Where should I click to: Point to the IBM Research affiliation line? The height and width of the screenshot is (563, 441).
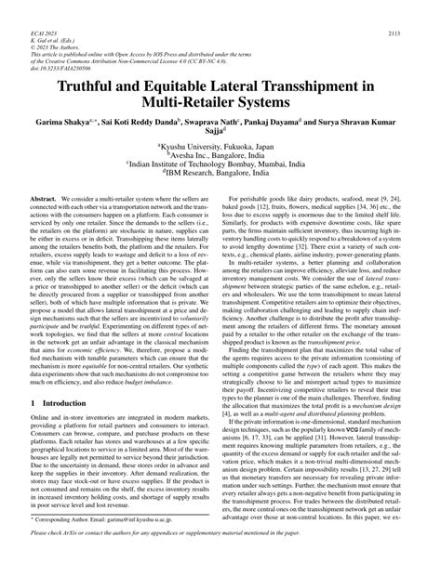[x=220, y=206]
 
